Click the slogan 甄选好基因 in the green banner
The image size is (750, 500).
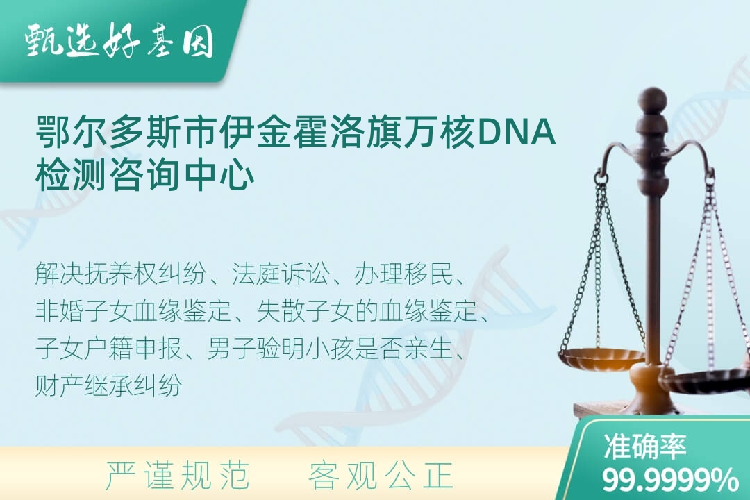119,41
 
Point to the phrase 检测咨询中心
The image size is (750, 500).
145,176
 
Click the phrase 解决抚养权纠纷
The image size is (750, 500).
121,274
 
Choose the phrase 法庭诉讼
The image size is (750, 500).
281,274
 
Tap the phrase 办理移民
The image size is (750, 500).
403,274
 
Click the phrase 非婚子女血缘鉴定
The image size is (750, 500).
133,311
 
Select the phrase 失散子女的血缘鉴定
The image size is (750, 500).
367,311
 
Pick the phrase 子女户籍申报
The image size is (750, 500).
108,348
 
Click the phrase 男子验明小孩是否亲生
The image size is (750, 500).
330,348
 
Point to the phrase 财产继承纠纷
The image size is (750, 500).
108,385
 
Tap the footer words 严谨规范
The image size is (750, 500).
178,476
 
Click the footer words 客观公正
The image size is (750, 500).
381,476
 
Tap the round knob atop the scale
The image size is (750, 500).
652,99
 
